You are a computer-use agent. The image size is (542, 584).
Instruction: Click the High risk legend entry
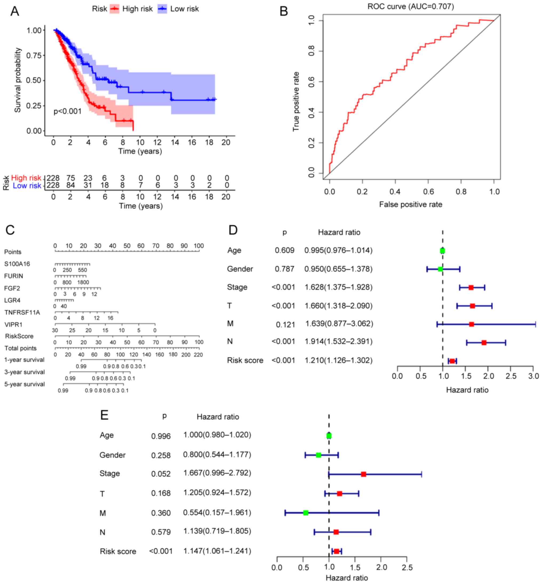click(131, 9)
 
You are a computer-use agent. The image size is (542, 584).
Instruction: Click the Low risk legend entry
click(179, 9)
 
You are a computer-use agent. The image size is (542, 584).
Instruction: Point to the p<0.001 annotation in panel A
click(67, 111)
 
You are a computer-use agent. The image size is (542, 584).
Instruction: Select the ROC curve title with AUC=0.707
click(411, 6)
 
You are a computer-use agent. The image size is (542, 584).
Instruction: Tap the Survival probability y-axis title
click(18, 80)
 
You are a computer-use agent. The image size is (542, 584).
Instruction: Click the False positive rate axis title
click(411, 204)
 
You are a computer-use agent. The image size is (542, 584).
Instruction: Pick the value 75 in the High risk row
click(70, 178)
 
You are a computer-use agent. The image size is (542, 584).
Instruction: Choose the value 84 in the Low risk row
click(70, 185)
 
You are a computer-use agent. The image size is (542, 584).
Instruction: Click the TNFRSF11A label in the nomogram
click(22, 313)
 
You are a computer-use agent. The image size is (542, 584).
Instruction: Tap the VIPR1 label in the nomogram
click(13, 325)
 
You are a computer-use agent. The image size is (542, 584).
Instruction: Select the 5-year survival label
click(24, 384)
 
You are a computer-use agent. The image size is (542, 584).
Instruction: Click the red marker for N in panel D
click(484, 342)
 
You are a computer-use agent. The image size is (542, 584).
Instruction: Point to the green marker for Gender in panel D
click(440, 269)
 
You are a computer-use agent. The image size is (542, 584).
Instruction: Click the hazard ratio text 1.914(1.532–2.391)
click(338, 341)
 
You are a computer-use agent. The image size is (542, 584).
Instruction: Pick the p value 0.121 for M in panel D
click(285, 325)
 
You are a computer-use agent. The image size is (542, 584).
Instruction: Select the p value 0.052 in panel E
click(161, 474)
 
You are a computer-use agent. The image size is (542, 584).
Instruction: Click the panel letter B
click(284, 11)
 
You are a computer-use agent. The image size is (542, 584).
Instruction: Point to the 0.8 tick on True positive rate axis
click(312, 51)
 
